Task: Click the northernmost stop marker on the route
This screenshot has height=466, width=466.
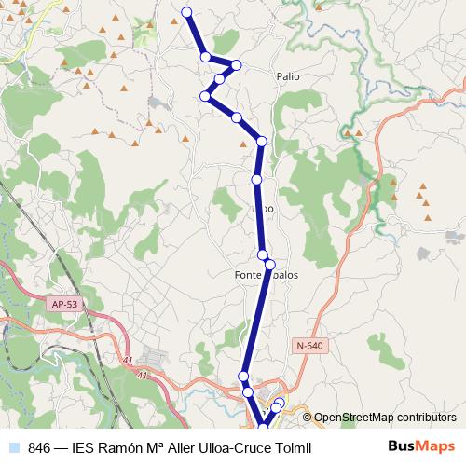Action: [186, 12]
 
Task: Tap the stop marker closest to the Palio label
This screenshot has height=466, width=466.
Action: [237, 64]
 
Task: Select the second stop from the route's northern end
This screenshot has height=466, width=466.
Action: [206, 57]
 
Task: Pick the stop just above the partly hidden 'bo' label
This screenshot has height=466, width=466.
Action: [255, 179]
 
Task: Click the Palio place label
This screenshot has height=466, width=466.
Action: [288, 77]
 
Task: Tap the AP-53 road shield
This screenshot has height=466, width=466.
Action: [64, 304]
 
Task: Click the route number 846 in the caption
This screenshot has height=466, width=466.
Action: [40, 448]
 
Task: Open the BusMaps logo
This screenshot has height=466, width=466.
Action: [420, 447]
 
